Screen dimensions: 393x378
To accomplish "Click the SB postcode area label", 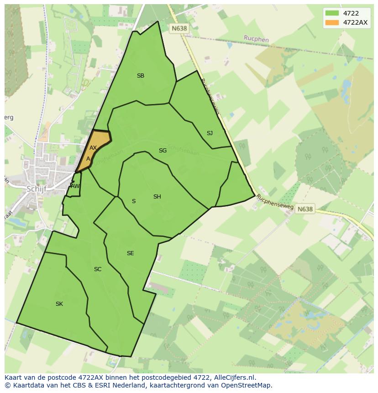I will click(x=141, y=76).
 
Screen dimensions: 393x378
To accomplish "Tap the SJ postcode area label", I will click(x=210, y=133).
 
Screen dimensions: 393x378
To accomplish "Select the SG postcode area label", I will click(x=163, y=151).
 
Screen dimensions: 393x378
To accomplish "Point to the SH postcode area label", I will click(x=157, y=197).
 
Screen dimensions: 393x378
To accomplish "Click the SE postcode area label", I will click(x=131, y=253).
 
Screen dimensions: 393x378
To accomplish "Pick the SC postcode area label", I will click(x=98, y=269).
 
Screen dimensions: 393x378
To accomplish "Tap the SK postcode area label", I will click(x=59, y=304).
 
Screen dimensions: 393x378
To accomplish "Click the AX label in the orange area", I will click(x=93, y=148).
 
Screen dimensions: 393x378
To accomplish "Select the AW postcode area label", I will click(x=75, y=186).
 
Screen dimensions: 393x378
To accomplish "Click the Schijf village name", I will click(x=37, y=189).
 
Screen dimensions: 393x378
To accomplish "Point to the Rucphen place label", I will click(x=256, y=39).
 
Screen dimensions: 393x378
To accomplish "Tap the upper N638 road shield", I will click(x=179, y=28).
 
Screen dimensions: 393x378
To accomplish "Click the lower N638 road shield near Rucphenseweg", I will click(x=305, y=209).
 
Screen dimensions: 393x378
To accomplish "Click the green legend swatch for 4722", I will click(x=331, y=13).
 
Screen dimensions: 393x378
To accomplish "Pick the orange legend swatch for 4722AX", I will click(x=331, y=22).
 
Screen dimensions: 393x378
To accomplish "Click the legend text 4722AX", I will click(x=355, y=22).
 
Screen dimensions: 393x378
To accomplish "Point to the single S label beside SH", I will click(x=134, y=201).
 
